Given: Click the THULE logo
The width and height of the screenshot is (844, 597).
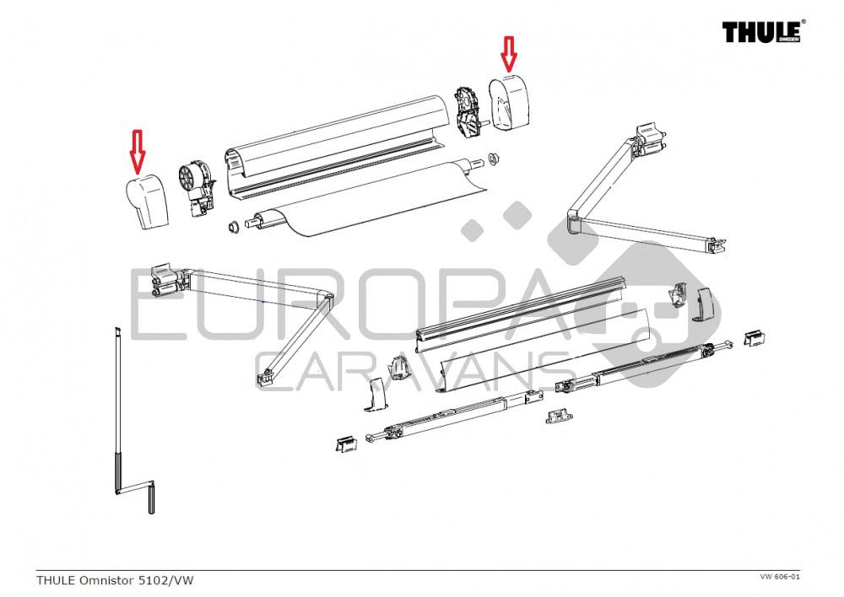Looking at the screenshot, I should point(762,32).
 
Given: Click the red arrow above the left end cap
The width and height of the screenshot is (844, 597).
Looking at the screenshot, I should point(137,149).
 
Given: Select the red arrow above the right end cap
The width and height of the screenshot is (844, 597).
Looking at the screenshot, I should point(509,53).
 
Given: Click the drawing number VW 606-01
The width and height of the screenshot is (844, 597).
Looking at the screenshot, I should point(779,577).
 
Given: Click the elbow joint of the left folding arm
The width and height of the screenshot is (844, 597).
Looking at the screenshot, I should point(322,295).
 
